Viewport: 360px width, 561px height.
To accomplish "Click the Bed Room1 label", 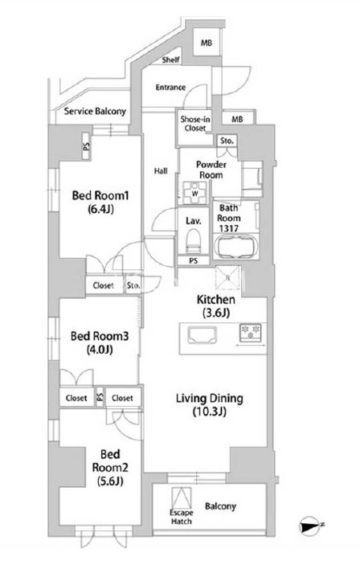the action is click(x=100, y=203).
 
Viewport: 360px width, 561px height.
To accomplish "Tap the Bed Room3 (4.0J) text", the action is click(x=100, y=342).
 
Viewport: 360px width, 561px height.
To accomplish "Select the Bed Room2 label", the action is click(x=110, y=468).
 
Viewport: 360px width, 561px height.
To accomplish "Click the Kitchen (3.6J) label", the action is click(x=216, y=306).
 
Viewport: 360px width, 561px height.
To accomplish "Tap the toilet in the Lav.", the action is click(x=194, y=241).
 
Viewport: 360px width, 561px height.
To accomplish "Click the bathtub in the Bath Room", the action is click(x=235, y=246).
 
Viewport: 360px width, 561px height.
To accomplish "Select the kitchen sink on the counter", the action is click(x=202, y=336).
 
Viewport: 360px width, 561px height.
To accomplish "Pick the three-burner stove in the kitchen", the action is click(x=251, y=332).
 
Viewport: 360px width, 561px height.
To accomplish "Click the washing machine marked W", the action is click(x=194, y=193).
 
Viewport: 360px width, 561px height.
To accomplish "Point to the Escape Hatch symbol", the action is click(x=182, y=498).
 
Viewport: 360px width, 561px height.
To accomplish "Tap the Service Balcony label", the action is click(x=95, y=111).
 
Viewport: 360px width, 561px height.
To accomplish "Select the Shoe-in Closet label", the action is click(x=195, y=124).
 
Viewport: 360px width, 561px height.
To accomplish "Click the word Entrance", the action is click(x=170, y=88).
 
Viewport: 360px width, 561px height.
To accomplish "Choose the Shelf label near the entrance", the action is click(x=170, y=59).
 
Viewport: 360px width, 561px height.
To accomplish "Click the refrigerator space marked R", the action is click(x=227, y=278).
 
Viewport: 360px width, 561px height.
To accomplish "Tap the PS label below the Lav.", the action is click(x=193, y=261).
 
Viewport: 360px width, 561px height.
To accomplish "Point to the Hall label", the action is click(x=161, y=171).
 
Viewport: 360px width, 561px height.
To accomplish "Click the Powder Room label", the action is click(x=211, y=170).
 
